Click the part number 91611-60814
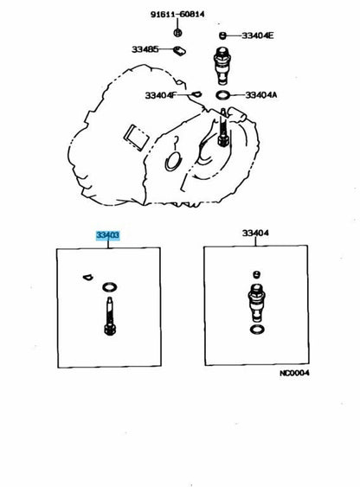point(177,15)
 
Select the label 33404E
point(258,35)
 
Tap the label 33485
point(145,49)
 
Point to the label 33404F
point(160,95)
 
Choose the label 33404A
point(261,95)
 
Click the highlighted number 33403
point(107,235)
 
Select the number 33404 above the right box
point(255,233)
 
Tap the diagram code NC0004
point(294,373)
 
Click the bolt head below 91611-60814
point(177,32)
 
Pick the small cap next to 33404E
point(222,35)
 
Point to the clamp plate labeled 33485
point(179,51)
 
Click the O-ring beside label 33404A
point(223,95)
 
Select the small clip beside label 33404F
point(196,93)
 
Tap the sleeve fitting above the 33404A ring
point(222,65)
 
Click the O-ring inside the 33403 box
point(110,287)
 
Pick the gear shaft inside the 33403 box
point(110,316)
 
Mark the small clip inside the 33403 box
point(88,277)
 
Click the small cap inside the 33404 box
point(256,274)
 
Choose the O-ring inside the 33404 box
point(257,330)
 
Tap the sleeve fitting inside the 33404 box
point(256,303)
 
